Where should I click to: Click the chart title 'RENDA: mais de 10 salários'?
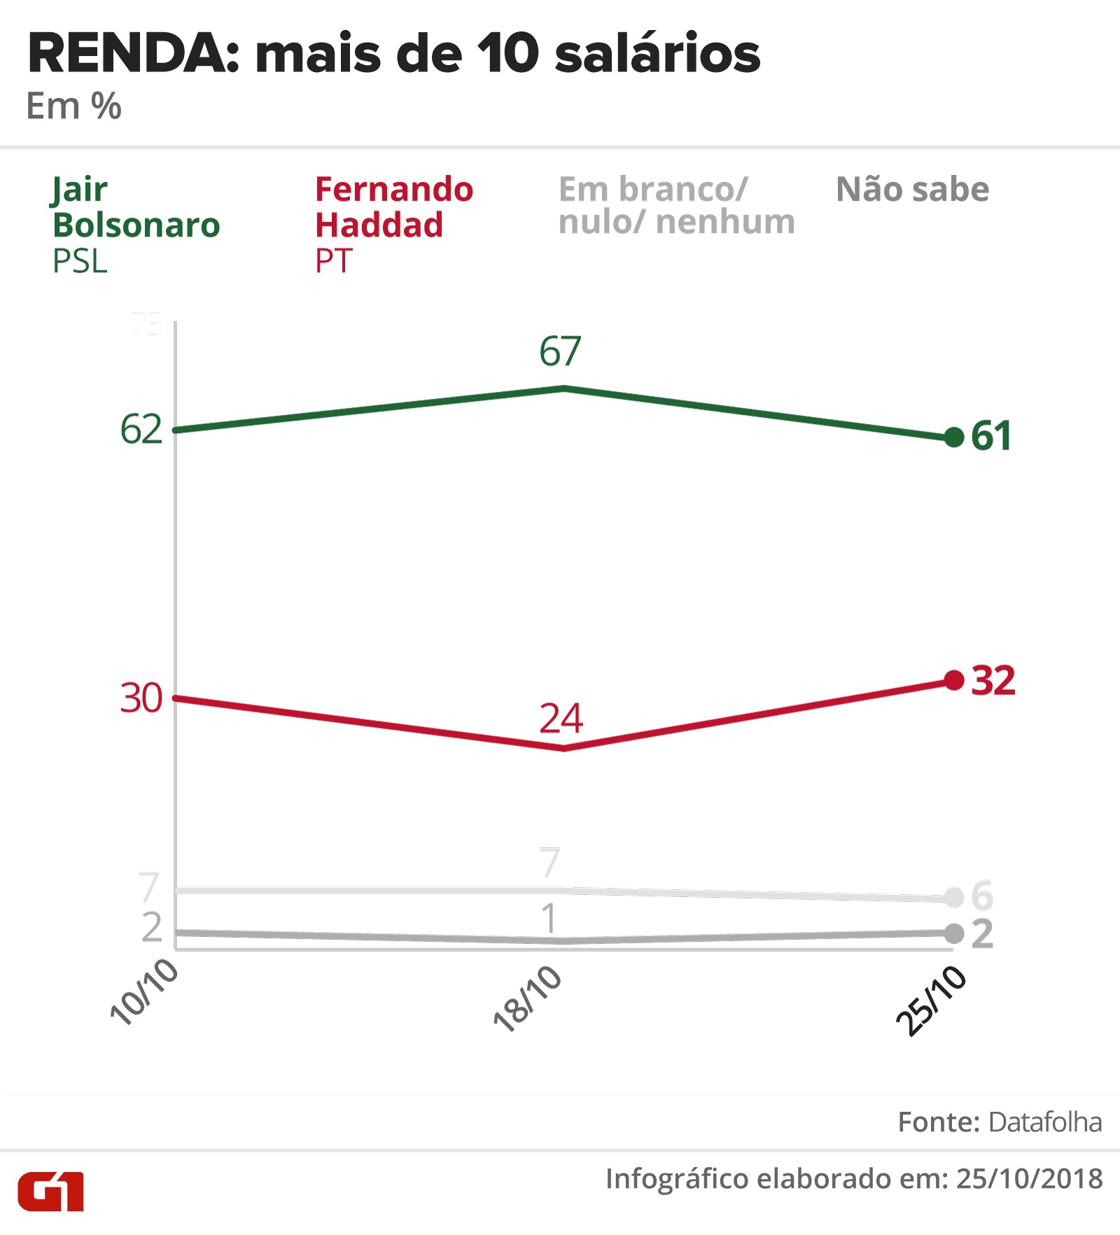[393, 54]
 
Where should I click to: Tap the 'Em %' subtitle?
[73, 107]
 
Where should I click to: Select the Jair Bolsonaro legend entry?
[136, 224]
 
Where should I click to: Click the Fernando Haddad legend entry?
[393, 224]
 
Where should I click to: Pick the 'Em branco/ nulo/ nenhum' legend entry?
[676, 206]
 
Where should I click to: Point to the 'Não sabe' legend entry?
[912, 190]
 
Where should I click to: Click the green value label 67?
[560, 351]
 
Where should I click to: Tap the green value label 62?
[141, 429]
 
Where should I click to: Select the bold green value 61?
[991, 436]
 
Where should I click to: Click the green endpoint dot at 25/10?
[954, 437]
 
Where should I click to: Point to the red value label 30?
[141, 698]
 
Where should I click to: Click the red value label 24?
[561, 718]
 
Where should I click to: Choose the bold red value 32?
[993, 680]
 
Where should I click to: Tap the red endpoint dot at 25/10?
[954, 679]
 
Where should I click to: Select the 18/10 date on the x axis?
[528, 998]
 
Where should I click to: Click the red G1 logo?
[50, 1192]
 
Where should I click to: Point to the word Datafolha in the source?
[1045, 1122]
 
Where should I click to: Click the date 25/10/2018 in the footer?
[1029, 1179]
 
